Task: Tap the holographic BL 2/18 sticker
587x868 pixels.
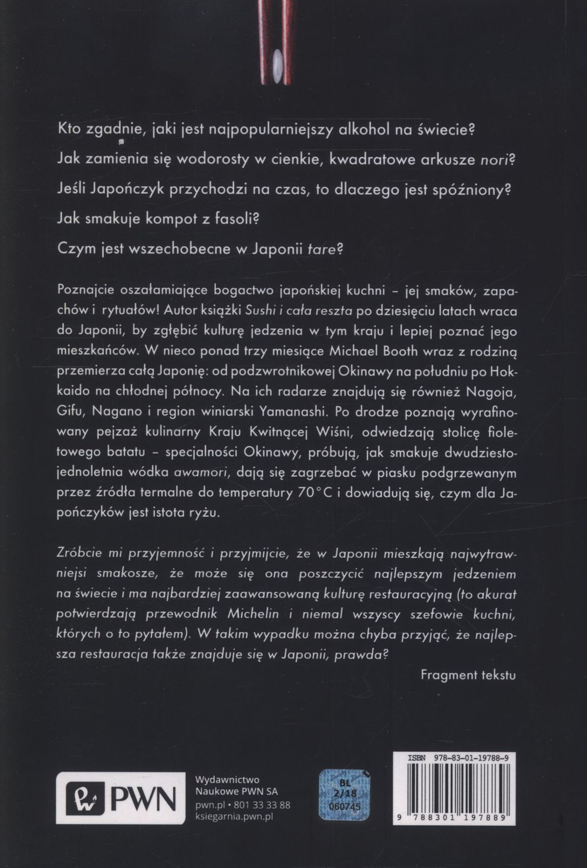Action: point(345,795)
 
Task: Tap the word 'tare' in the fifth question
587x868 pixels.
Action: point(322,248)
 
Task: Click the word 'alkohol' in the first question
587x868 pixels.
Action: point(365,129)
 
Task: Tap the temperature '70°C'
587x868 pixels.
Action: point(315,492)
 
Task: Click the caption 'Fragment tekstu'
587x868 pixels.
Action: point(468,675)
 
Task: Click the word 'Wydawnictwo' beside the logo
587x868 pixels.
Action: point(227,779)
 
